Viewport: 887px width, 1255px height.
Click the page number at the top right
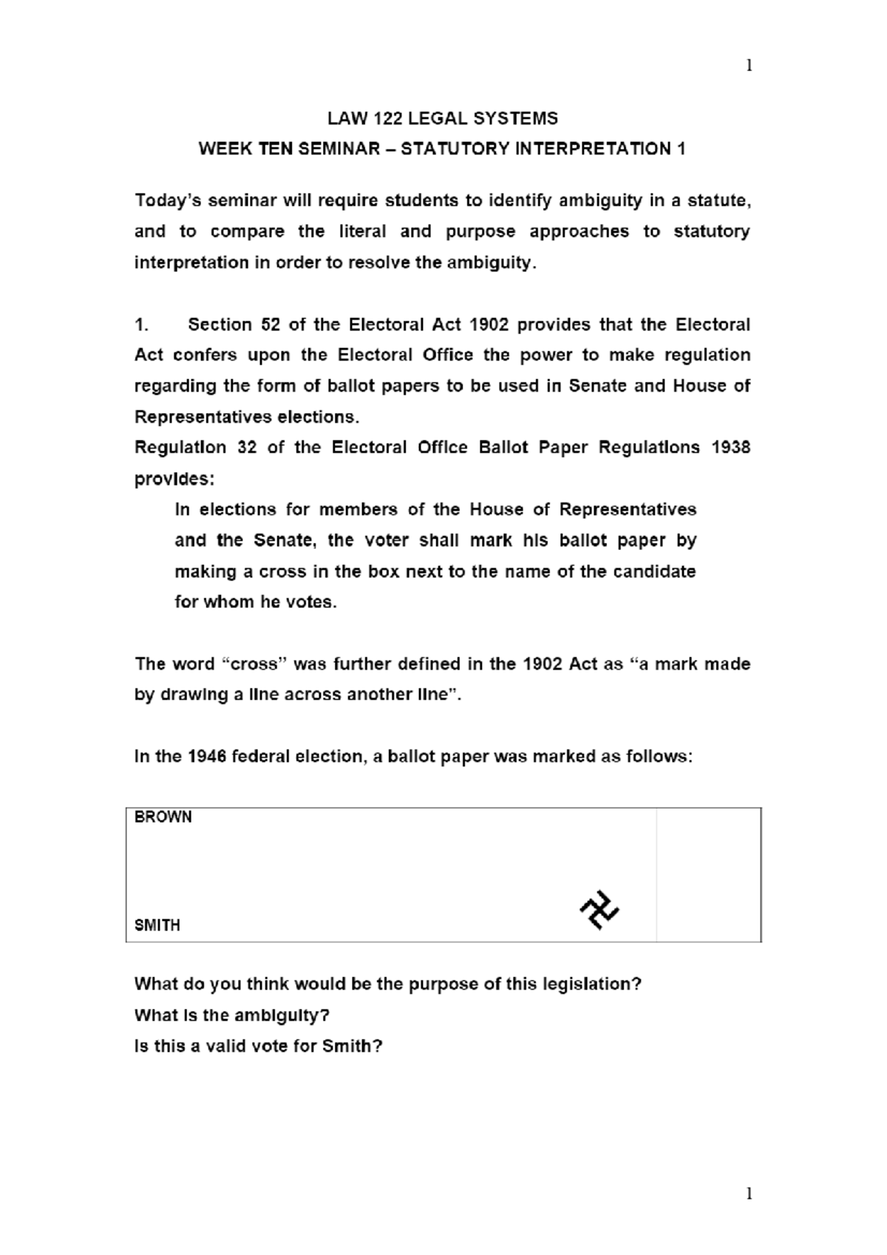click(749, 66)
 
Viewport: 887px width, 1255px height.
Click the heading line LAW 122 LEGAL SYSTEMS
click(443, 118)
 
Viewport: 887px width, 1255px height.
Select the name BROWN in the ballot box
click(163, 817)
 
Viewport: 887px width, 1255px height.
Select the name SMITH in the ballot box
click(157, 925)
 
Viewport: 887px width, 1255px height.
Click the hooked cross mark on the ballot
click(599, 910)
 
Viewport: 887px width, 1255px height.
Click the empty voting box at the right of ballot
click(708, 874)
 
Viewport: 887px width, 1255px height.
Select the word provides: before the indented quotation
click(174, 479)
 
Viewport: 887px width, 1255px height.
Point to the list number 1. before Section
click(142, 324)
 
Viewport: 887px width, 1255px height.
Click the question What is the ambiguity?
click(231, 1015)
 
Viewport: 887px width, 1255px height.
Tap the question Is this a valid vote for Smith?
click(258, 1046)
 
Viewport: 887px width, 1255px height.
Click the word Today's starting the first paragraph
click(167, 201)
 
